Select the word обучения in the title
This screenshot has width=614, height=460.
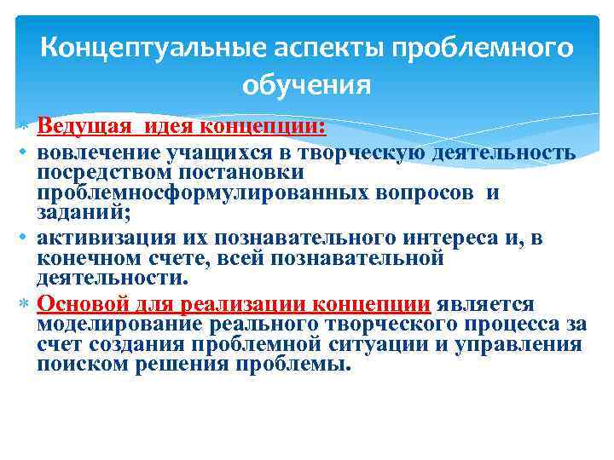tap(306, 85)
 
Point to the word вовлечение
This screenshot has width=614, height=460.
tap(87, 152)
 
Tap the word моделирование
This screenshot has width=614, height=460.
tap(107, 325)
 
